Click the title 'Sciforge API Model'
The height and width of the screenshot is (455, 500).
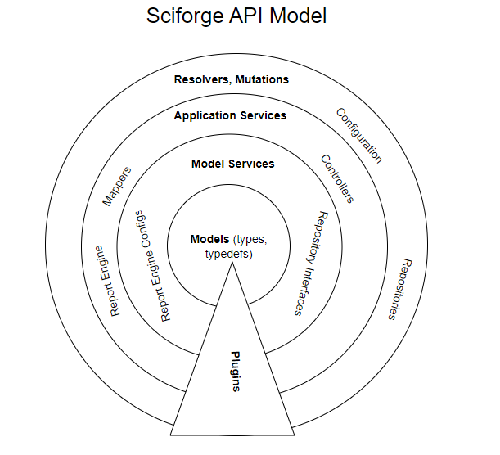pos(236,16)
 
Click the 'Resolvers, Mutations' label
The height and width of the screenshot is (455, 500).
pos(232,80)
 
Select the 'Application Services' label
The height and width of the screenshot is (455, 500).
pos(230,116)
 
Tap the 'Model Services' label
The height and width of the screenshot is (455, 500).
pos(232,164)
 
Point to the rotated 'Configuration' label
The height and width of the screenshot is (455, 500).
pos(359,135)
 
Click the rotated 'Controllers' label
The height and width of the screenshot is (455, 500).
pos(337,179)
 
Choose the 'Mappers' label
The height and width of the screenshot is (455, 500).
pos(116,187)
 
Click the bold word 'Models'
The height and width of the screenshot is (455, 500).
pos(209,240)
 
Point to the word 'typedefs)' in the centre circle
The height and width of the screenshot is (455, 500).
pos(228,255)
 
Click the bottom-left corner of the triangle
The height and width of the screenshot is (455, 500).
pos(170,434)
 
